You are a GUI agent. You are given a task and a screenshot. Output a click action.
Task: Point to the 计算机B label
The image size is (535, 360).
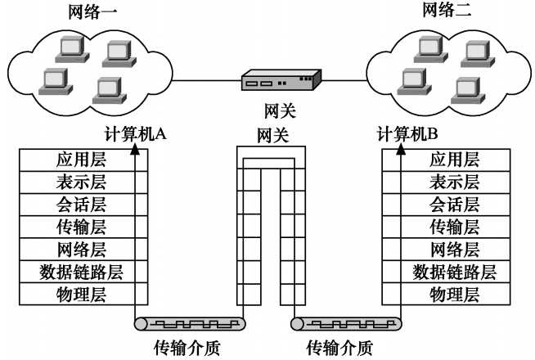tap(407, 134)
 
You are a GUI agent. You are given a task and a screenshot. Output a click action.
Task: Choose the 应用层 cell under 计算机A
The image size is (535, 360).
tap(82, 160)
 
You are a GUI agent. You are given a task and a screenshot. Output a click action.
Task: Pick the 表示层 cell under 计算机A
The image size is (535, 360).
tap(82, 182)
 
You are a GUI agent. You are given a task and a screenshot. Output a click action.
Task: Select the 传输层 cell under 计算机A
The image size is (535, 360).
tap(82, 227)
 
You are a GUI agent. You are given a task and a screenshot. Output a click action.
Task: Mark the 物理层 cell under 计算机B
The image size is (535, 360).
tap(455, 294)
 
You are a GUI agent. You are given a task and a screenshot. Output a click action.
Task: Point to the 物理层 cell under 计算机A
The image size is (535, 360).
tap(82, 294)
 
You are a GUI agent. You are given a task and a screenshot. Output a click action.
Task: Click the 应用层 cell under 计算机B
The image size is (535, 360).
tap(455, 160)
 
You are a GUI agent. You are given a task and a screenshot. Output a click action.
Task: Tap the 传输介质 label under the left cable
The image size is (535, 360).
tap(187, 347)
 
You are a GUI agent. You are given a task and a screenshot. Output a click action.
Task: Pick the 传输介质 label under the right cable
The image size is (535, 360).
tap(339, 347)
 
